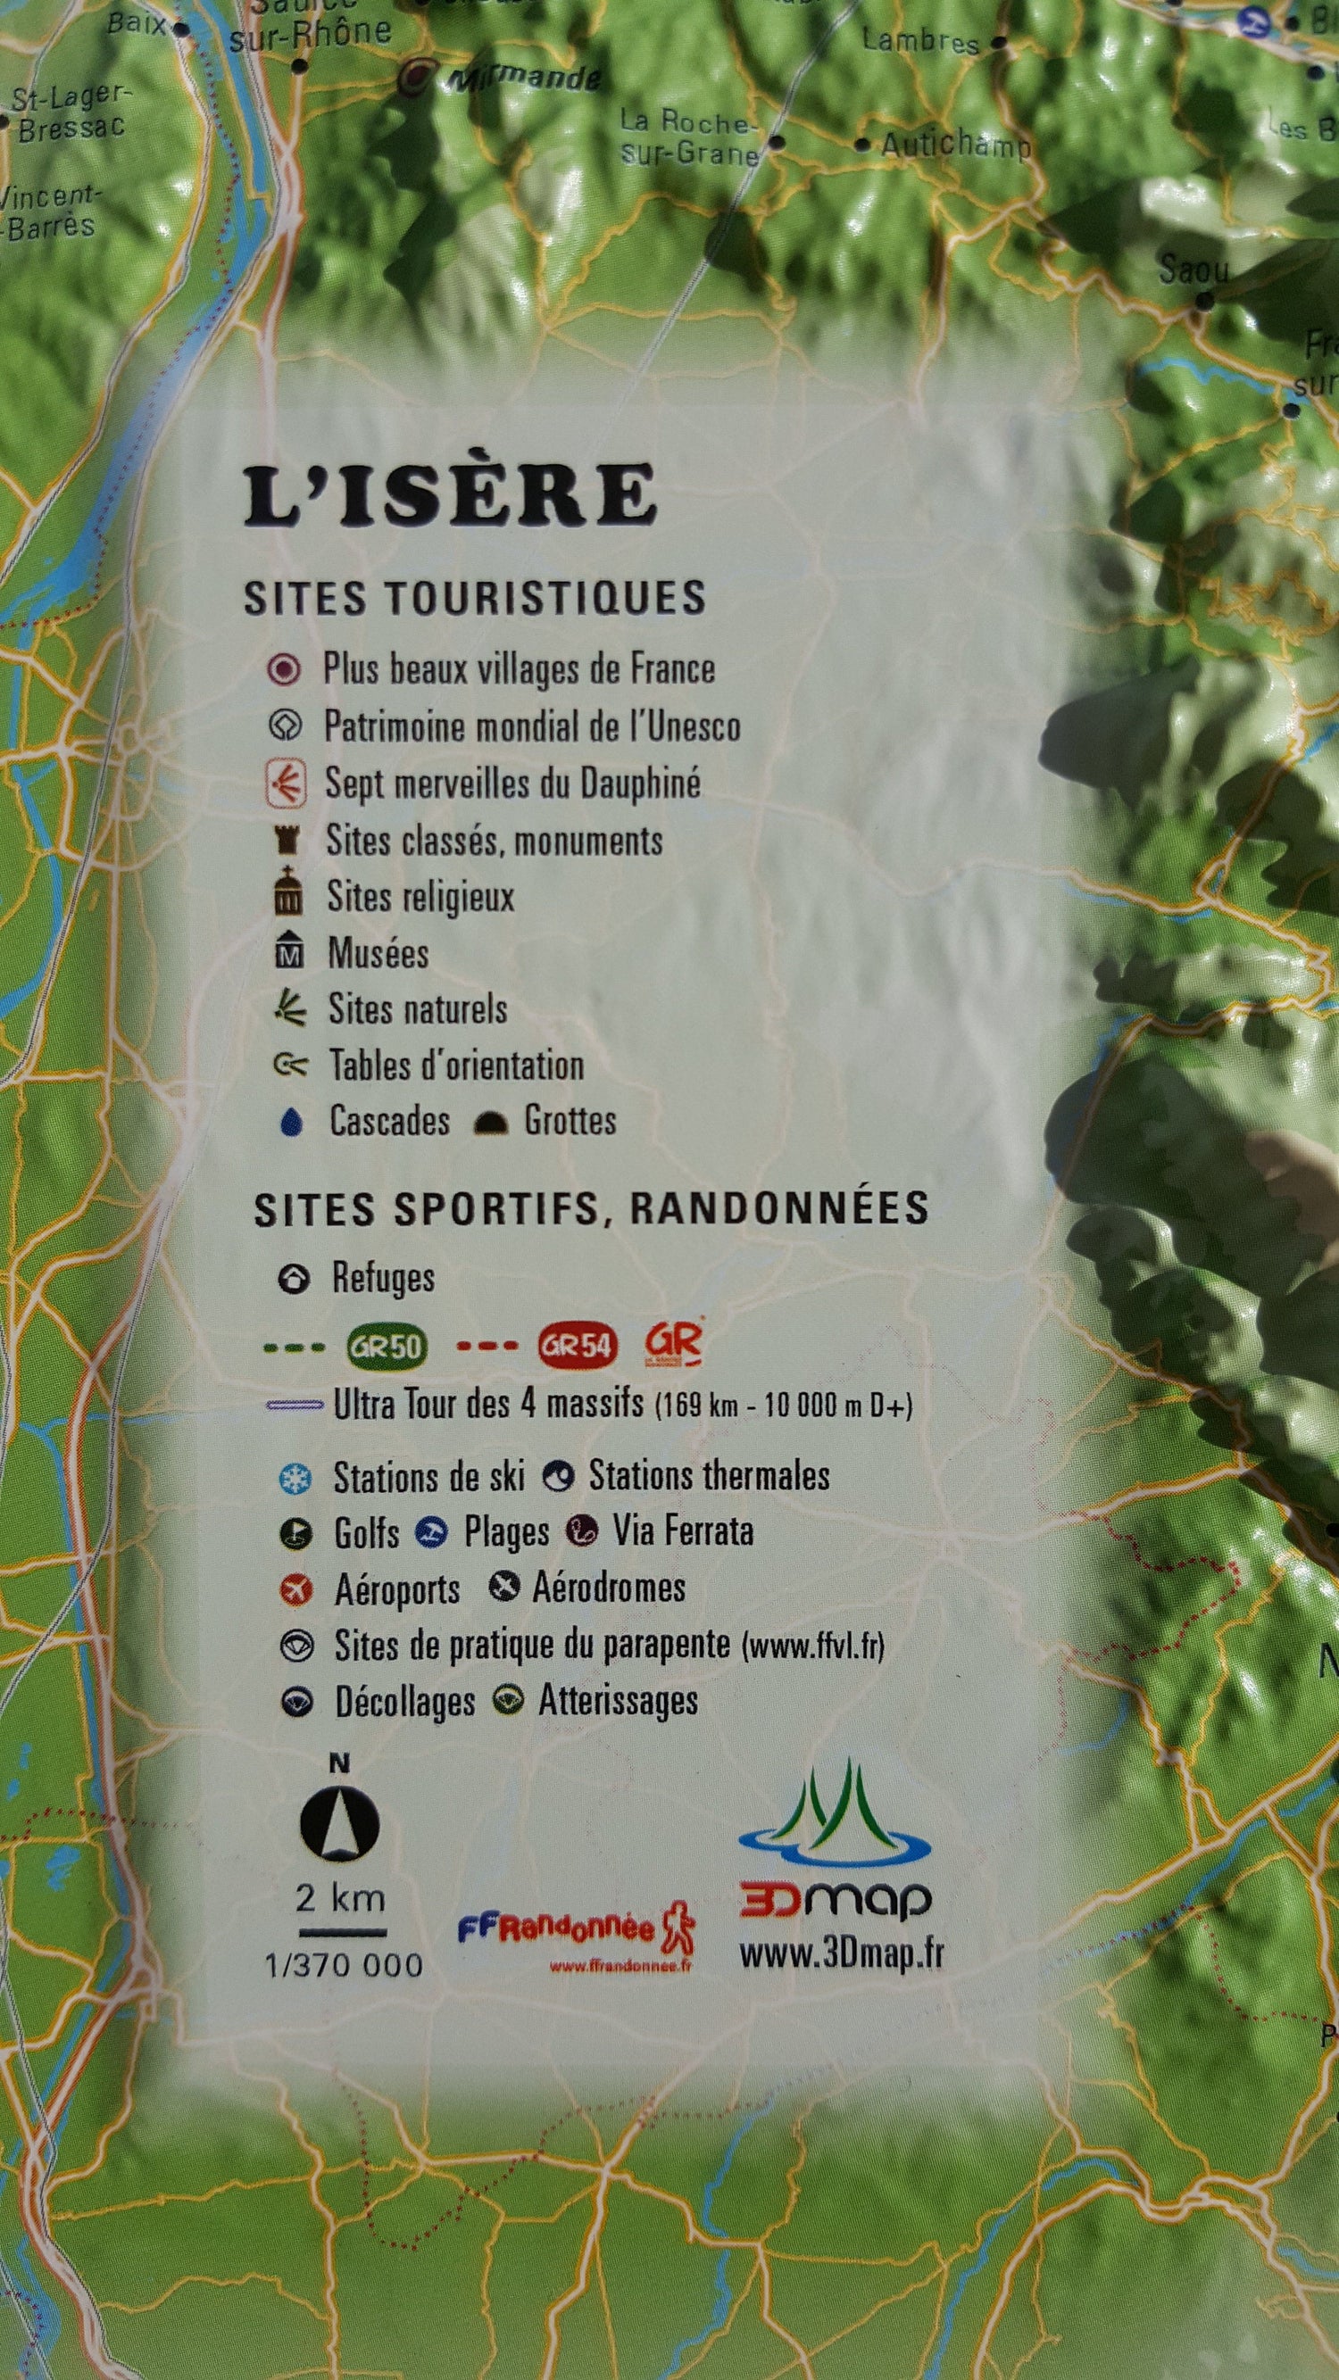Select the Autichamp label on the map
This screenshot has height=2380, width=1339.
pyautogui.click(x=954, y=145)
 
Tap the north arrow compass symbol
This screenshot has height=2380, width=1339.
pyautogui.click(x=339, y=1824)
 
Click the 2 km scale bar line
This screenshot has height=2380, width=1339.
pyautogui.click(x=342, y=1933)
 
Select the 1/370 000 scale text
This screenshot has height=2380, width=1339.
pyautogui.click(x=344, y=1965)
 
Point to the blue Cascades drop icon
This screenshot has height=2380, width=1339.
pyautogui.click(x=292, y=1123)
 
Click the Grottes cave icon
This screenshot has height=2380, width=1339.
pyautogui.click(x=490, y=1123)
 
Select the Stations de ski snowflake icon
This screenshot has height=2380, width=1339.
pyautogui.click(x=295, y=1479)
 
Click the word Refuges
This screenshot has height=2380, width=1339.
pyautogui.click(x=383, y=1279)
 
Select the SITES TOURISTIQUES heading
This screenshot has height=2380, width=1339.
pyautogui.click(x=474, y=598)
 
